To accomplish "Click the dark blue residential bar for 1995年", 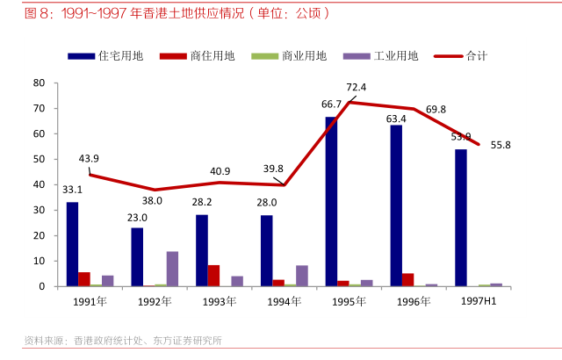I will (x=331, y=201).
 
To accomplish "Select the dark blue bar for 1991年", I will (x=72, y=244).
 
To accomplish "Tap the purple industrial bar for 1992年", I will (x=172, y=269).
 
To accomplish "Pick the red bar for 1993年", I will (x=213, y=276).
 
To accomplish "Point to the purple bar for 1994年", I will (x=302, y=276).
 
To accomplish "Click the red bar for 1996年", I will (x=407, y=280).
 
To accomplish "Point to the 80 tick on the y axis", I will (x=39, y=83).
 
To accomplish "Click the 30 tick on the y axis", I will (x=39, y=211).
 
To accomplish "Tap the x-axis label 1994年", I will (x=283, y=301).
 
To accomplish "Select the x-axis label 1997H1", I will (x=479, y=300).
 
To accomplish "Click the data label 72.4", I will (x=356, y=87).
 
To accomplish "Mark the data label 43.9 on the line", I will (x=89, y=159).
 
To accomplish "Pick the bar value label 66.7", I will (x=331, y=104).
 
